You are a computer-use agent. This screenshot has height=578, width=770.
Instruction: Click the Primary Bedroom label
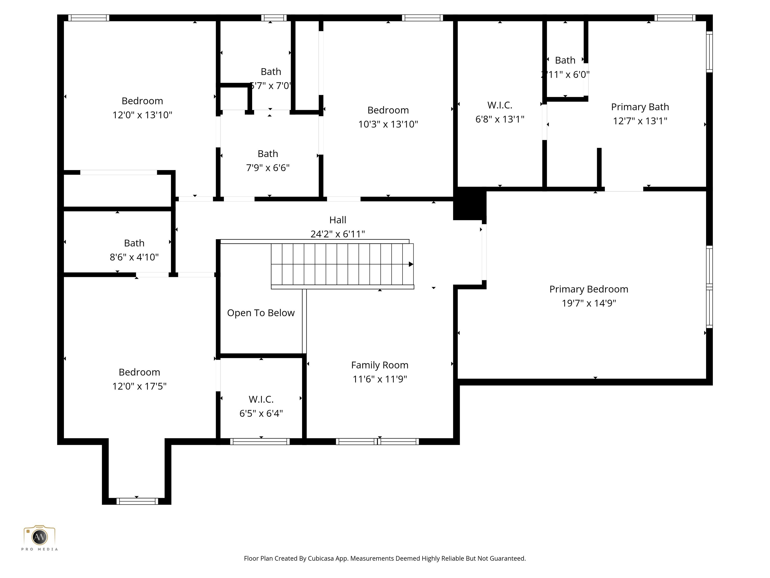click(x=589, y=289)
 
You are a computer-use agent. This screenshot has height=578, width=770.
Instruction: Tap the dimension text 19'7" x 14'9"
click(x=589, y=303)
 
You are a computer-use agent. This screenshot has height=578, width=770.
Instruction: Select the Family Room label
click(x=379, y=365)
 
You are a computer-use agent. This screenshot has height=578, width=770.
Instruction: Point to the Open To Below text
click(x=261, y=313)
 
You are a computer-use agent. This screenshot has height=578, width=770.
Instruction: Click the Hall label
click(x=338, y=220)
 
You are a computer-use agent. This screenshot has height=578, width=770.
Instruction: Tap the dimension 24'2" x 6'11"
click(x=338, y=234)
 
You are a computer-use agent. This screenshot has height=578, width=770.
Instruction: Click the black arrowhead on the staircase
click(x=411, y=264)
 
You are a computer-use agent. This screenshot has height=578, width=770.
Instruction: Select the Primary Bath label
click(x=640, y=107)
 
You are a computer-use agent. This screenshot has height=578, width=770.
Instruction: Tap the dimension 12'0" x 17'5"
click(x=139, y=386)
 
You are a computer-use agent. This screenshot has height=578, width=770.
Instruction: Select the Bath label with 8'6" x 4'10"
click(x=134, y=243)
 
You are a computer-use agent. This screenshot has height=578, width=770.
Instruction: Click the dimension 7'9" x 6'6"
click(x=268, y=168)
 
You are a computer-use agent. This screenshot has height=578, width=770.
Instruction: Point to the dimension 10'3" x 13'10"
click(x=388, y=124)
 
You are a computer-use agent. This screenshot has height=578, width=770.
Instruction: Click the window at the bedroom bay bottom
click(x=137, y=501)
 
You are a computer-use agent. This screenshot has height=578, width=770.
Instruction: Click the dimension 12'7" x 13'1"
click(x=640, y=121)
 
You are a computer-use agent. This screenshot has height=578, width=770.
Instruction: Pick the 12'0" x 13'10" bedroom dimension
click(x=142, y=115)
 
